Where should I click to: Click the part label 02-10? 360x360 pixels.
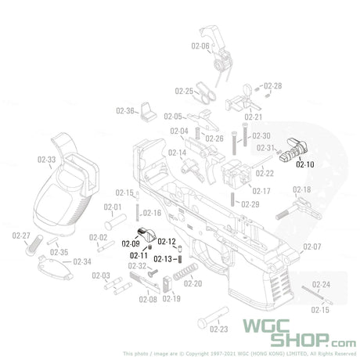[305, 164]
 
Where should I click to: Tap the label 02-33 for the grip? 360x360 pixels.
[45, 160]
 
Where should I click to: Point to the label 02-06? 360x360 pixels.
[200, 46]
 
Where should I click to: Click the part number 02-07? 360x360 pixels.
[312, 247]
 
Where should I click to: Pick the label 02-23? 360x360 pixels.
[219, 329]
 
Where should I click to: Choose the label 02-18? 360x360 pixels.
[302, 190]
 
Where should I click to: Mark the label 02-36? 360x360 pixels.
[125, 110]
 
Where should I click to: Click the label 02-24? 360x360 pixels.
[320, 284]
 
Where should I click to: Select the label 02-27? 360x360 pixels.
[21, 236]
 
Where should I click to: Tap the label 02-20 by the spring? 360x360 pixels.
[193, 283]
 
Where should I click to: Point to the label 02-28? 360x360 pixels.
[272, 85]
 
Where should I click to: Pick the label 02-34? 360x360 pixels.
[82, 261]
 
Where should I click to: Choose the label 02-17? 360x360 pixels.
[261, 191]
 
